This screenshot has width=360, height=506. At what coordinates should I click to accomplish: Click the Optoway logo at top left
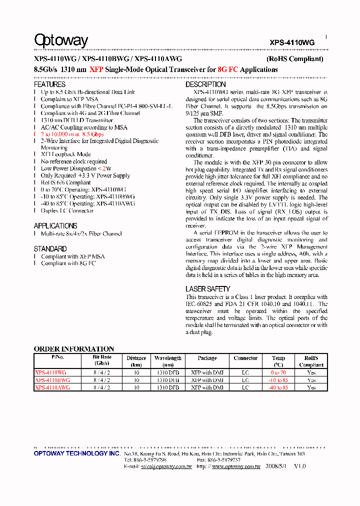[61, 40]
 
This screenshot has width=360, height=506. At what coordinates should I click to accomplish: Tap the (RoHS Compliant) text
[294, 59]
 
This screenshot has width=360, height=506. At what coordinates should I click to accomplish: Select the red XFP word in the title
[96, 70]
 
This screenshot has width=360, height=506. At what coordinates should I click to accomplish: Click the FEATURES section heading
[49, 84]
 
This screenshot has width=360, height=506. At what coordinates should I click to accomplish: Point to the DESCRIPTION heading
[205, 84]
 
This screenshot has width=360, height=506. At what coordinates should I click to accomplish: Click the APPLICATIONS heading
[55, 225]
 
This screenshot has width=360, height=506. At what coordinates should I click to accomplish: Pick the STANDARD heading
[50, 248]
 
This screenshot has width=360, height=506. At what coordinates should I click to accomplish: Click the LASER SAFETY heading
[207, 289]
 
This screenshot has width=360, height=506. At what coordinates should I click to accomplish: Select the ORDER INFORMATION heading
[74, 348]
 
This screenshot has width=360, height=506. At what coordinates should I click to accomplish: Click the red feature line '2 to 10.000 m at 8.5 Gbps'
[72, 134]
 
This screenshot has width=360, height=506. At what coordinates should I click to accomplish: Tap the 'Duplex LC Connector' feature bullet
[67, 210]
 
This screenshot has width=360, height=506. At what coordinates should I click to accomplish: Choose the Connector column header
[245, 358]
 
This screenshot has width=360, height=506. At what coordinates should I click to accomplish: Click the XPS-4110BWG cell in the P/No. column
[52, 380]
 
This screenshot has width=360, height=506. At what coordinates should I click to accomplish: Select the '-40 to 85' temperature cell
[278, 387]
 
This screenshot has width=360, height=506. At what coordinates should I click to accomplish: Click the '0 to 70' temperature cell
[278, 372]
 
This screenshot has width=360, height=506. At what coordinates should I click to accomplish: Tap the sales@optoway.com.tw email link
[166, 466]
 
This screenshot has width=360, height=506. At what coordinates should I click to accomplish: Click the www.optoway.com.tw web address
[236, 466]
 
